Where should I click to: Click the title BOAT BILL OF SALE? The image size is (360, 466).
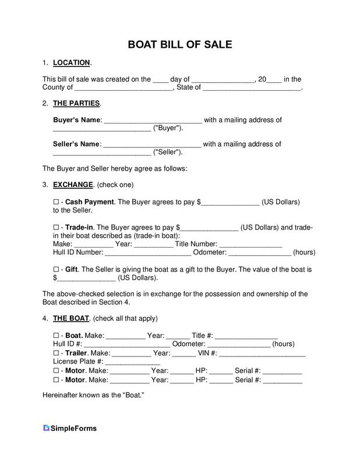click(180, 44)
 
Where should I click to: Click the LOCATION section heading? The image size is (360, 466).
click(71, 62)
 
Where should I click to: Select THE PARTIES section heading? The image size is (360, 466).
click(76, 103)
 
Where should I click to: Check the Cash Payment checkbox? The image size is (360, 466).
click(56, 202)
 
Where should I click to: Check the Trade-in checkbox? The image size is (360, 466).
click(56, 227)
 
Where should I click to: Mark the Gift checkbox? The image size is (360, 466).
click(56, 270)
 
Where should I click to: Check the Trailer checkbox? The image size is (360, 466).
click(56, 353)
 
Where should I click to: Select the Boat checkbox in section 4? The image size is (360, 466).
click(56, 336)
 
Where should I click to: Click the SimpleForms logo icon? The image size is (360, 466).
click(47, 428)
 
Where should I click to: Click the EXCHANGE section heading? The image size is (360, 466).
click(73, 185)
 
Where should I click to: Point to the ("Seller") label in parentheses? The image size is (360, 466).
click(168, 153)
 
